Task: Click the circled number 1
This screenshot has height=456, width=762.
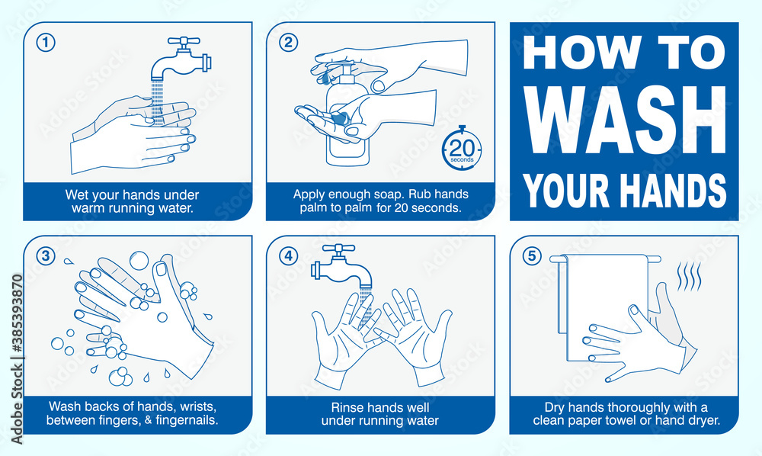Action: (46, 43)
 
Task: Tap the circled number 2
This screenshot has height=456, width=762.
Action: (288, 43)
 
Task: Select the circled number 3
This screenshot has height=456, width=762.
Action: (46, 255)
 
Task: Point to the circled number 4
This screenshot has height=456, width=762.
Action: (288, 255)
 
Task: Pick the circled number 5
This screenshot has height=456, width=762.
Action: (532, 255)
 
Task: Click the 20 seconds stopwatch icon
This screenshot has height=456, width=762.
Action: (462, 148)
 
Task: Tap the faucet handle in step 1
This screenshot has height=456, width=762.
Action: (184, 42)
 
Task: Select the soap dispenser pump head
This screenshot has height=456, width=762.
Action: (346, 70)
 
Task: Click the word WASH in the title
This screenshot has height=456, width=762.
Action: (624, 120)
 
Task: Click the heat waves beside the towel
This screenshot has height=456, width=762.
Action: (690, 276)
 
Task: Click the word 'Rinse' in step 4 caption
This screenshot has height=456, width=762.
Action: (345, 407)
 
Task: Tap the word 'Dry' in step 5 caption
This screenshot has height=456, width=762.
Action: (553, 407)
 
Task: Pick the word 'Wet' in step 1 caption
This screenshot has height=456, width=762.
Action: (76, 195)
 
